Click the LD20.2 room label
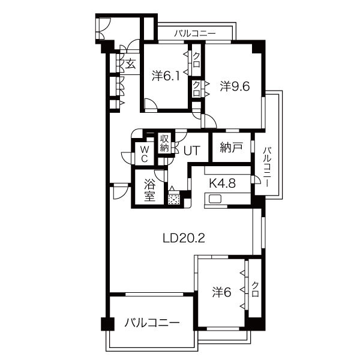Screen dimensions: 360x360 pyautogui.click(x=184, y=238)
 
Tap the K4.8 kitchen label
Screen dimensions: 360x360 pyautogui.click(x=223, y=184)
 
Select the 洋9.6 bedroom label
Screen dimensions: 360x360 pyautogui.click(x=235, y=86)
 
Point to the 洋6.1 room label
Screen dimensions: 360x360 pyautogui.click(x=166, y=76)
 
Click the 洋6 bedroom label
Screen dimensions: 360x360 pyautogui.click(x=221, y=293)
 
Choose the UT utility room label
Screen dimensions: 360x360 pyautogui.click(x=192, y=151)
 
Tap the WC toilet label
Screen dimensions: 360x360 pyautogui.click(x=144, y=154)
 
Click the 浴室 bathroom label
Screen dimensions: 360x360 pyautogui.click(x=149, y=190)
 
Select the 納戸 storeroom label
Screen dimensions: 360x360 pyautogui.click(x=231, y=148)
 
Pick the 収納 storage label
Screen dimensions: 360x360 pyautogui.click(x=164, y=143)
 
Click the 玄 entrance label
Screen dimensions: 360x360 pyautogui.click(x=130, y=64)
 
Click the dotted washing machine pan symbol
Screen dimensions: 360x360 pyautogui.click(x=174, y=199)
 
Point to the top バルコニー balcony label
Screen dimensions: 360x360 pyautogui.click(x=194, y=34)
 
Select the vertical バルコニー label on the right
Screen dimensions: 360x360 pyautogui.click(x=266, y=167)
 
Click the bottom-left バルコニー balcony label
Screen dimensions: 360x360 pyautogui.click(x=152, y=323)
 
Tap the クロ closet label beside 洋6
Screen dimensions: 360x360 pyautogui.click(x=255, y=289)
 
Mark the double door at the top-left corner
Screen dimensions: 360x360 pyautogui.click(x=102, y=28)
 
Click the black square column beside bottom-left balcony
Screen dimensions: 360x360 pyautogui.click(x=107, y=324)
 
